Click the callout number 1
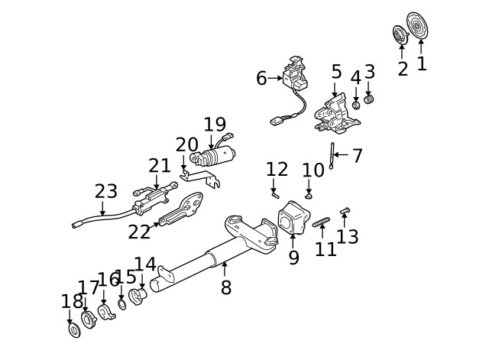[x=422, y=64]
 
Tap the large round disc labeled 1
[x=417, y=25]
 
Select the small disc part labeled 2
[x=400, y=34]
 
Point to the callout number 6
[x=261, y=78]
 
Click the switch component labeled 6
[x=296, y=75]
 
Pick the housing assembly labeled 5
[x=335, y=113]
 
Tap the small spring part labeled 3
[x=368, y=99]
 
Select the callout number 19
[x=215, y=125]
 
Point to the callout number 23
[x=106, y=191]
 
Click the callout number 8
[x=225, y=288]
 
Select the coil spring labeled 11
[x=321, y=222]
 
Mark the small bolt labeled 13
[x=345, y=210]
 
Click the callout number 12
[x=277, y=170]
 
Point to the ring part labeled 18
[x=74, y=330]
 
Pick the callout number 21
[x=160, y=166]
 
